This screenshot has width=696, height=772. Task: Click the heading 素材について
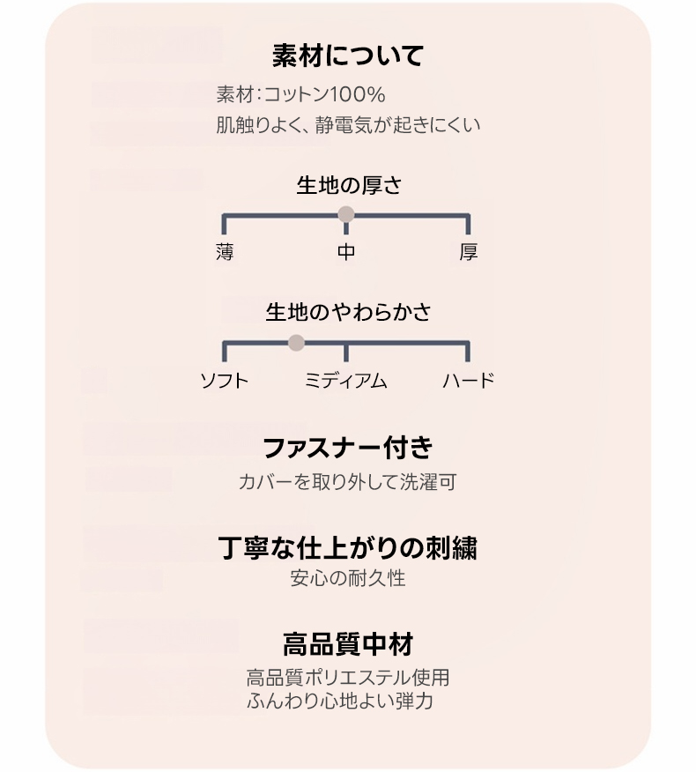[x=347, y=56]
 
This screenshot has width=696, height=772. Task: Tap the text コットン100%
[x=325, y=94]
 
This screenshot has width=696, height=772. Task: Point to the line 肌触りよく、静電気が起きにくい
[x=348, y=125]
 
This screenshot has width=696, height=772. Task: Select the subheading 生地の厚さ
[x=349, y=186]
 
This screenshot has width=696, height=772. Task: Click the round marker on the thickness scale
[x=346, y=214]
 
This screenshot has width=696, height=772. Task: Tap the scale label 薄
[x=225, y=252]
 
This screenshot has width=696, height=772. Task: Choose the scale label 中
[x=346, y=252]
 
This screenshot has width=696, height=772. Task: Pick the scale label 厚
[x=468, y=252]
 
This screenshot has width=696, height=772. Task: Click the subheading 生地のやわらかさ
[x=349, y=312]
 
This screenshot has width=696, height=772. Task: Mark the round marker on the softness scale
[x=296, y=343]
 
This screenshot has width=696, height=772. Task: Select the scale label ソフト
[x=225, y=381]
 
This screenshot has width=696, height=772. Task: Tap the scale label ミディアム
[x=346, y=381]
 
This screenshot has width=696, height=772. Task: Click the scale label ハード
[x=468, y=381]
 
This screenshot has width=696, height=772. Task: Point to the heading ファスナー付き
[x=348, y=448]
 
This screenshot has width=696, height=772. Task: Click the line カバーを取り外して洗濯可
[x=347, y=482]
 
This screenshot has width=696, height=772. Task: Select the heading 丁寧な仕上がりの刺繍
[x=347, y=548]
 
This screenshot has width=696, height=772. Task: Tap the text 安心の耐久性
[x=347, y=578]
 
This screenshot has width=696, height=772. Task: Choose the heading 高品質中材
[x=348, y=644]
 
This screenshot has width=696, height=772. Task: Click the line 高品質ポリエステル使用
[x=347, y=678]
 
